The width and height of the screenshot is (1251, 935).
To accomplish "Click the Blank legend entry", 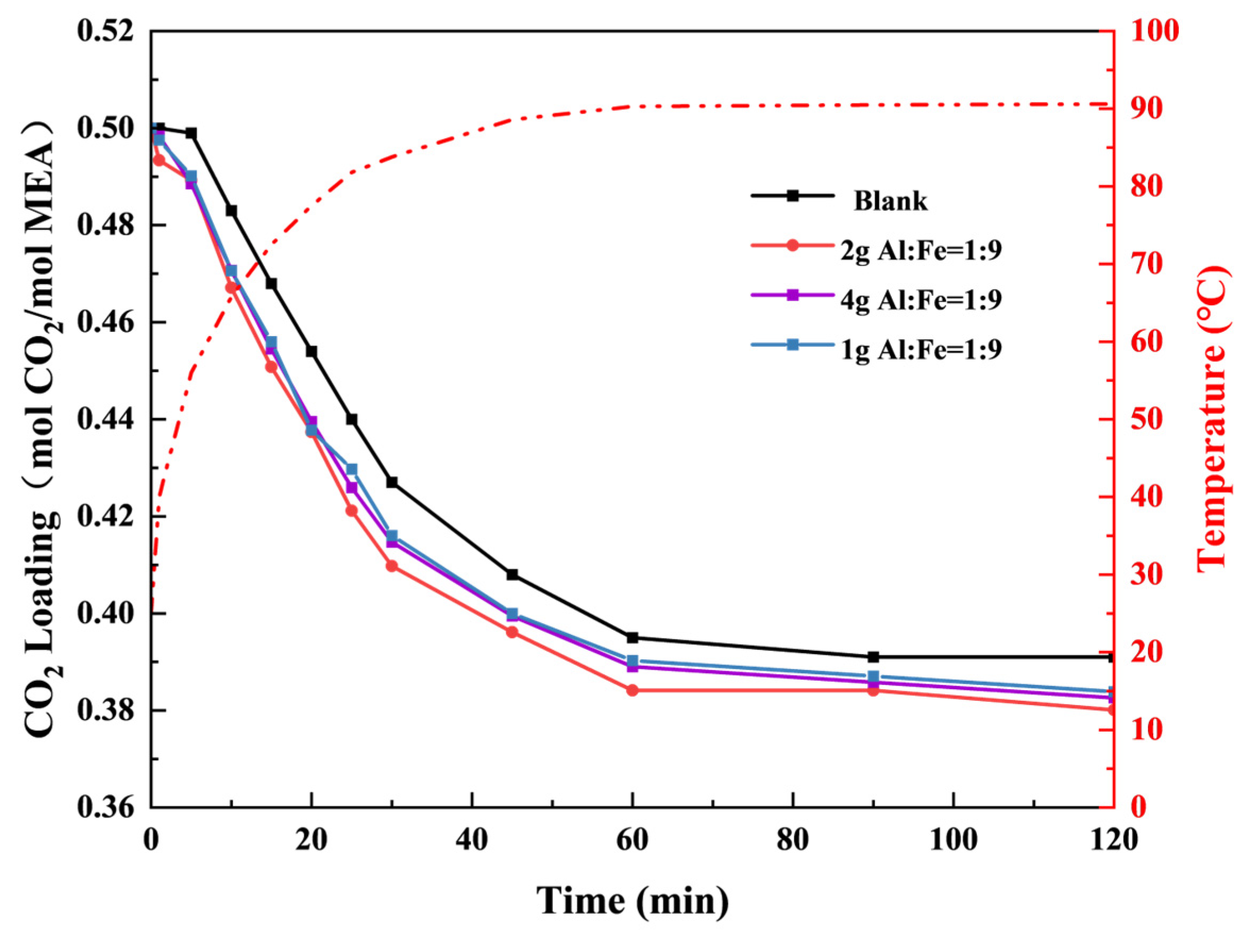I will click(x=890, y=201).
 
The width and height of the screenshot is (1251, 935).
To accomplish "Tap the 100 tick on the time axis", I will click(x=954, y=840).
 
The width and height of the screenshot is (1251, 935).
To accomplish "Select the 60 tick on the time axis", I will click(x=632, y=840).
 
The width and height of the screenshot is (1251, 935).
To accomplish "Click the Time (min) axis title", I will click(x=632, y=900).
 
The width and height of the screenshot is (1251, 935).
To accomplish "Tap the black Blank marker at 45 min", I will click(x=513, y=575).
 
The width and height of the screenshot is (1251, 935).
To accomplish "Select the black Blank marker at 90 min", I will click(x=873, y=657).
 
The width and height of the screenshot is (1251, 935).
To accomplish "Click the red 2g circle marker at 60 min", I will click(x=632, y=690).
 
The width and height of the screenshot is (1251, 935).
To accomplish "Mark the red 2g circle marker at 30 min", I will click(x=392, y=566).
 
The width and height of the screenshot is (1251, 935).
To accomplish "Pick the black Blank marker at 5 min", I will click(x=191, y=133).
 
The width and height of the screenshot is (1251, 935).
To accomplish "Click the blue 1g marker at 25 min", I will click(x=352, y=470).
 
